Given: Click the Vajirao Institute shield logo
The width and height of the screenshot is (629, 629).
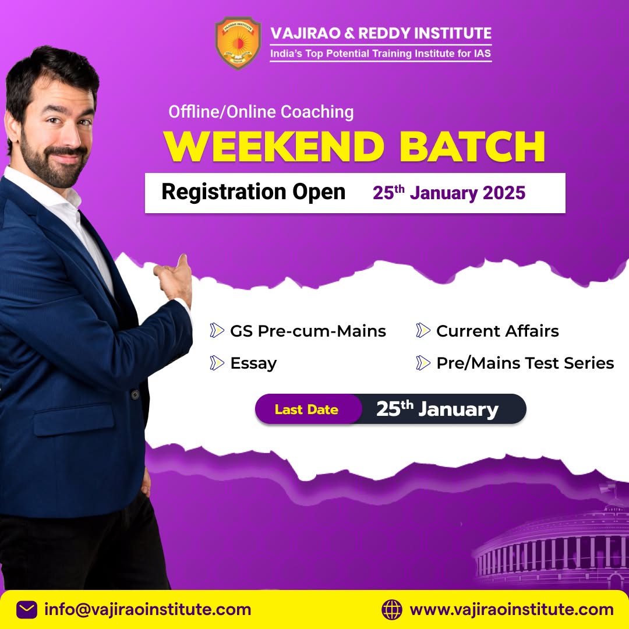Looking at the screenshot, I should [x=238, y=43].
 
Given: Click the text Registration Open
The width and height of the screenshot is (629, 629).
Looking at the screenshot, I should [x=253, y=192].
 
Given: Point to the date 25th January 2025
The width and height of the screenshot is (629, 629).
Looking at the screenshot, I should [x=449, y=193].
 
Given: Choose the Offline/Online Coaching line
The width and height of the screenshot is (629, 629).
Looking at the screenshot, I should [x=261, y=111].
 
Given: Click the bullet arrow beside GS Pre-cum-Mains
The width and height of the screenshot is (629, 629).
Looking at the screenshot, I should [x=217, y=331].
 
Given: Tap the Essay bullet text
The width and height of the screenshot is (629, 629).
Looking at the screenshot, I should [x=253, y=363].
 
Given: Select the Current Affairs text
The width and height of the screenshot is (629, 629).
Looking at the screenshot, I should [x=497, y=331].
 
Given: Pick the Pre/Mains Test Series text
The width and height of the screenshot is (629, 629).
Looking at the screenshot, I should [x=525, y=363].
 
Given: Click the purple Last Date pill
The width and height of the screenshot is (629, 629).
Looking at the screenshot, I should [x=307, y=409].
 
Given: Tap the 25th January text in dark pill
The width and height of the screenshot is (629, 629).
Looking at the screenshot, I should [x=437, y=409].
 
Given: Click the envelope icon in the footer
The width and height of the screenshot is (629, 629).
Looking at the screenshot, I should [x=27, y=610].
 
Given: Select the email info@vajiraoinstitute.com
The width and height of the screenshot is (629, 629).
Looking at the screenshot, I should [x=148, y=610].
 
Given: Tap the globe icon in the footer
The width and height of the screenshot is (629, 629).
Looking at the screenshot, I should [x=392, y=610].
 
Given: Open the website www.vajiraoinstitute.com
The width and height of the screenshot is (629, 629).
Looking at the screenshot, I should [x=511, y=610].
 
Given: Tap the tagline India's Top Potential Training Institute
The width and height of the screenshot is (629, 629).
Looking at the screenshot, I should [x=380, y=54].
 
